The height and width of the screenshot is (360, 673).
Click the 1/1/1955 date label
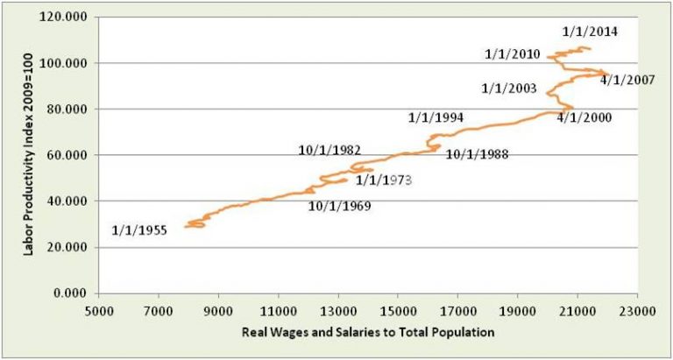139,231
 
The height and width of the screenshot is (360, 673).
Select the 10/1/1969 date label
339,207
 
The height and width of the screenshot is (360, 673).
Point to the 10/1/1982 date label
329,150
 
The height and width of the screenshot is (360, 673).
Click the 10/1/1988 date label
477,155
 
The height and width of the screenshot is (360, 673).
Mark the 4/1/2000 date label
584,117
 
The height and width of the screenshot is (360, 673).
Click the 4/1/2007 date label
628,80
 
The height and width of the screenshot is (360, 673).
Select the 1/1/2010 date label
513,54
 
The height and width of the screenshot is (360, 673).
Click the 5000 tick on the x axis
98,309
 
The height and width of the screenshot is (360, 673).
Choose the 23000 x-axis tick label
636,309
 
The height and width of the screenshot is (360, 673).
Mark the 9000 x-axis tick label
218,309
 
